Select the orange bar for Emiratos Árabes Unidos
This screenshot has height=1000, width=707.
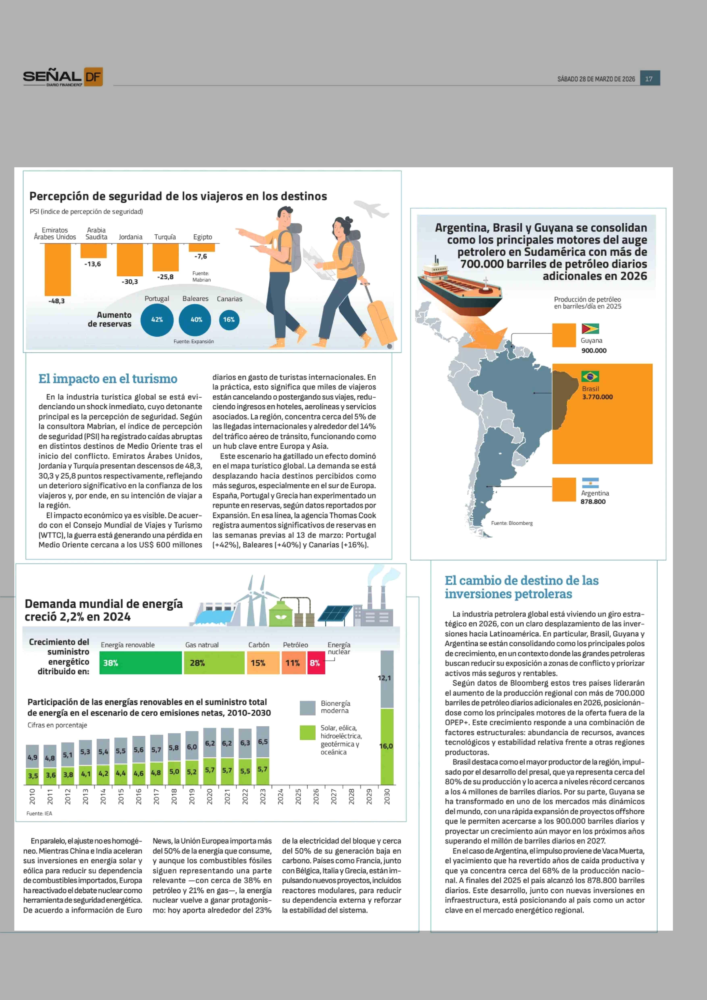pyautogui.click(x=57, y=269)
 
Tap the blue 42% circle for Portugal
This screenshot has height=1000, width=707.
pyautogui.click(x=157, y=320)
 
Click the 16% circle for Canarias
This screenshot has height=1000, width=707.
pyautogui.click(x=229, y=320)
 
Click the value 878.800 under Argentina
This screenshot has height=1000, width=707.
pyautogui.click(x=593, y=502)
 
